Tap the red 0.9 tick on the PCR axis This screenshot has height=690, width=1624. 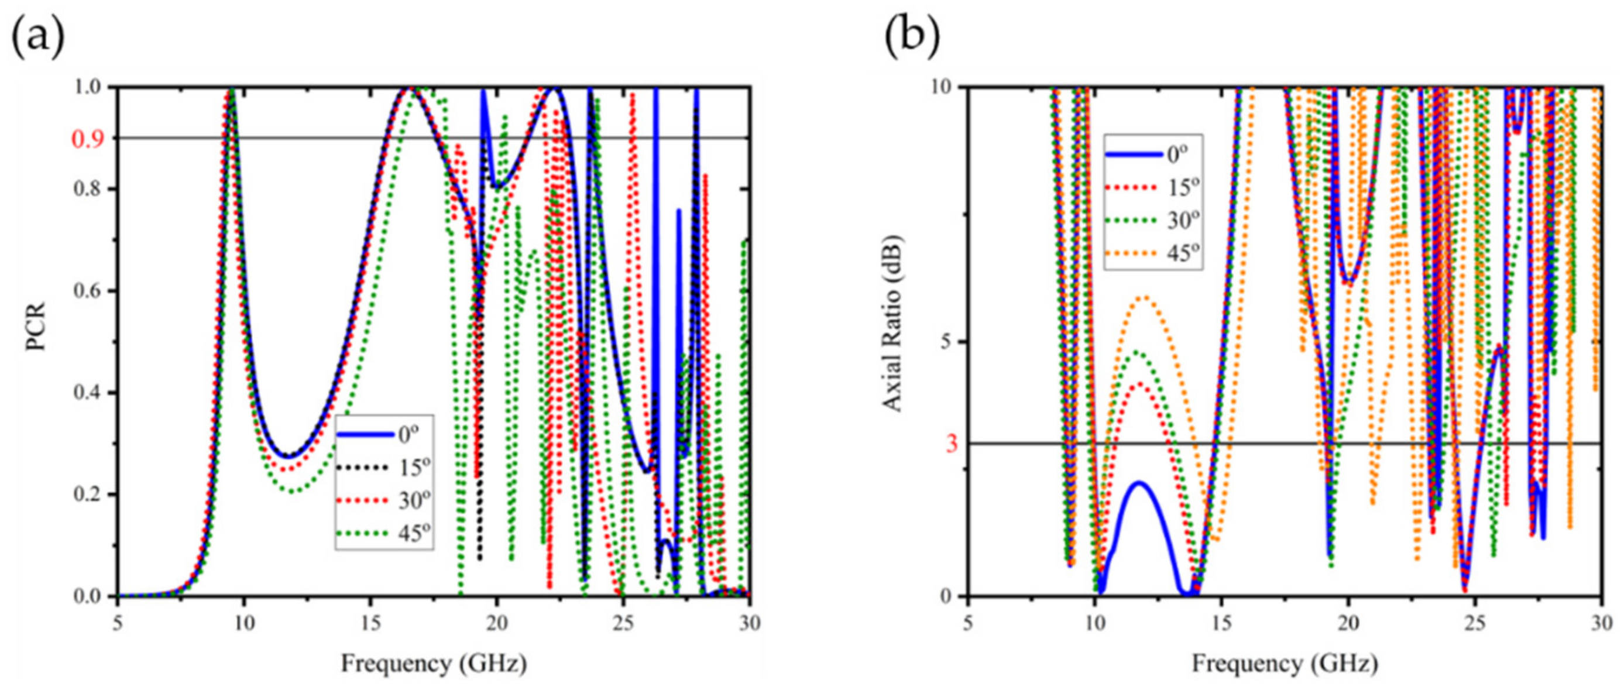click(x=88, y=139)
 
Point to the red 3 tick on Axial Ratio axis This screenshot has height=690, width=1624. click(x=950, y=444)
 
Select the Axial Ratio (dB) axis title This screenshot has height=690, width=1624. click(x=892, y=324)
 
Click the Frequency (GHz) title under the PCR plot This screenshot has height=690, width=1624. click(x=434, y=664)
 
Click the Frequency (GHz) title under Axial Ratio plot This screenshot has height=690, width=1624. click(x=1284, y=664)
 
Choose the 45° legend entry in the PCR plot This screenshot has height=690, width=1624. click(x=384, y=534)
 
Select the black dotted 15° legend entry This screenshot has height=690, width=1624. click(x=384, y=468)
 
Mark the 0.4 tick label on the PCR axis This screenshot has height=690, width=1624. click(x=89, y=393)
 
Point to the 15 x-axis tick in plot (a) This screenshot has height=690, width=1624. click(x=370, y=623)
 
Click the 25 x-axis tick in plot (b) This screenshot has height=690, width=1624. click(x=1475, y=623)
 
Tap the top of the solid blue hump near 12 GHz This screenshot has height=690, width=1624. click(x=1140, y=483)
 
